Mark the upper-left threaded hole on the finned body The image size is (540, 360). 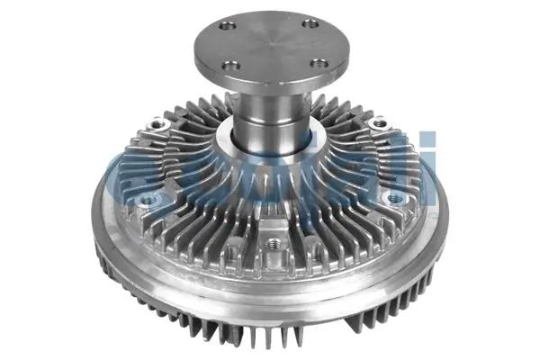click(159, 123)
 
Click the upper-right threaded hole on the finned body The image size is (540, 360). click(382, 122)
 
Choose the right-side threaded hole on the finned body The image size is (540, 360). click(393, 197)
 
